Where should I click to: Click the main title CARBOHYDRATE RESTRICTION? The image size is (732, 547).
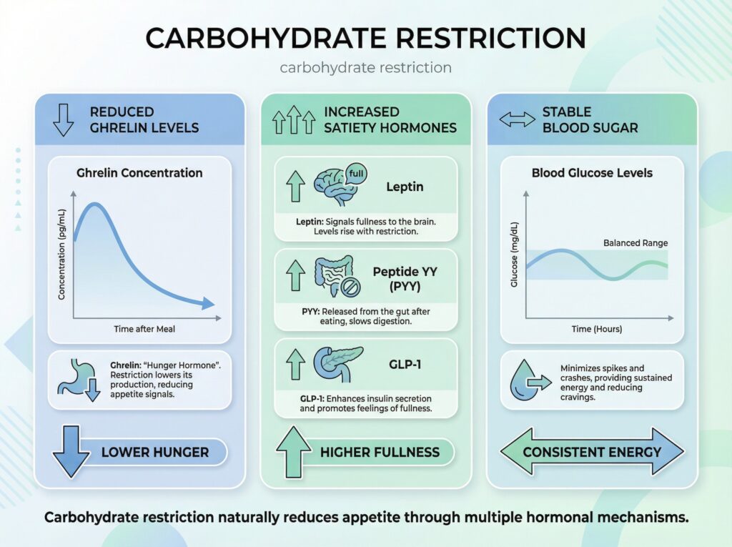click(x=365, y=37)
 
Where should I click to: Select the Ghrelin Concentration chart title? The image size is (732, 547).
click(x=139, y=172)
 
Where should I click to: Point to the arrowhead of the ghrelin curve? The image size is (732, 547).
click(x=207, y=304)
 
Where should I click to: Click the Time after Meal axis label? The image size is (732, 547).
click(x=144, y=329)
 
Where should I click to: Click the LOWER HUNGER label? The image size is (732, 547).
click(x=155, y=452)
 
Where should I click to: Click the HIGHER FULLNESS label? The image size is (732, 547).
click(x=380, y=452)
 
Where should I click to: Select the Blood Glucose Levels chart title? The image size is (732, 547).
click(x=592, y=172)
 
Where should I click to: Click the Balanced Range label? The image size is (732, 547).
click(x=635, y=243)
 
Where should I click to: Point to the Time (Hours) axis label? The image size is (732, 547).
click(x=596, y=329)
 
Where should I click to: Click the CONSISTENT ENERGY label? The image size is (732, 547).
click(x=592, y=452)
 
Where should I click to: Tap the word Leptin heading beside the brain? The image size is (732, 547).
click(x=405, y=187)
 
